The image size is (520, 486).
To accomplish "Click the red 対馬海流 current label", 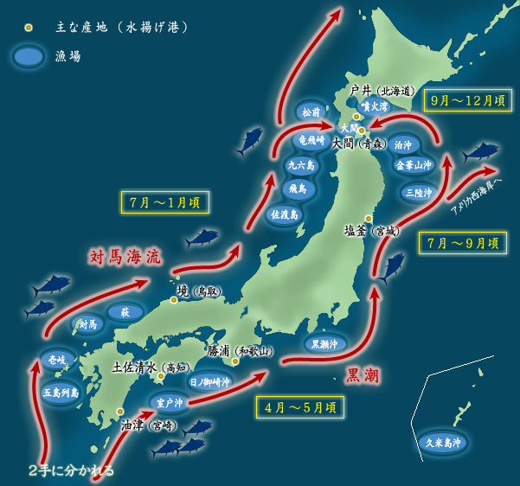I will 125,257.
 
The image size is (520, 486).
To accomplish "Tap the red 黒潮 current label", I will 363,374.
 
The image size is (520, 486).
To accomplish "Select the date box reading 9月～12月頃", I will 468,100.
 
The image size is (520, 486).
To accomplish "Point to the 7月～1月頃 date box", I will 164,203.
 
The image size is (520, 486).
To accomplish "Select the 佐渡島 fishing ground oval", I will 285,214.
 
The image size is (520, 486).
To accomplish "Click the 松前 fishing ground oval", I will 311,112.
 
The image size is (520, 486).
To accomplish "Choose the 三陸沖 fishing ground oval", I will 417,193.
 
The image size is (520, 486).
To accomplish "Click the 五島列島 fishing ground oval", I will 61,392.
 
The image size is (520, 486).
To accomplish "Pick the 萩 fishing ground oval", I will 125,311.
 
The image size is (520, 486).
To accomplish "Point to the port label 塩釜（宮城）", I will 373,231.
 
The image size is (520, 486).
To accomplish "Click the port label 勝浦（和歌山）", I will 241,351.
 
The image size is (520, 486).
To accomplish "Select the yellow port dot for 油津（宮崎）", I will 119,412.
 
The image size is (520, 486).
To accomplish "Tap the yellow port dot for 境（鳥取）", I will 174,300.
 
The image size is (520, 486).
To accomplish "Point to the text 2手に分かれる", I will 71,471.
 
